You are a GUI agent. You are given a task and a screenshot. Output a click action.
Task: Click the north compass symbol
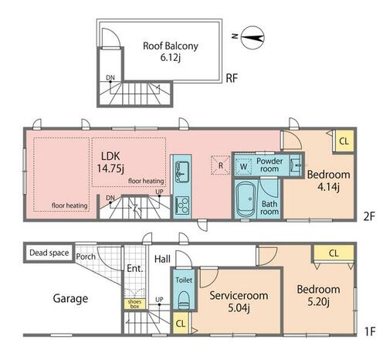coord(252,38)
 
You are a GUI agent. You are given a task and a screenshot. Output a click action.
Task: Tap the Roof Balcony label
coord(171,46)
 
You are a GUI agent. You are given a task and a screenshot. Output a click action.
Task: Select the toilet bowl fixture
coord(184,300)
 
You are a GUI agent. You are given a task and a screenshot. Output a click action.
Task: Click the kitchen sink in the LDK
coord(182,171)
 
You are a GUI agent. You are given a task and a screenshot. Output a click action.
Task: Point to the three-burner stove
coord(182,205)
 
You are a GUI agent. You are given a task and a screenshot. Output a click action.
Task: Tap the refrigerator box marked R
coord(221,165)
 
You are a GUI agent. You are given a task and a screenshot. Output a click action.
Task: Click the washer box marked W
coord(243,166)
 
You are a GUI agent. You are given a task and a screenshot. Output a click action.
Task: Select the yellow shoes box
coord(134,304)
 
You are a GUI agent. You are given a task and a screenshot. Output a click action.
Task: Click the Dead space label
coord(49,253)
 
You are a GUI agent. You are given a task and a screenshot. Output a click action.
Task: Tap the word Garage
coord(70,299)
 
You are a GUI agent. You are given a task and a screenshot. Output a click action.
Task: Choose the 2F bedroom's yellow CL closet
coord(344,141)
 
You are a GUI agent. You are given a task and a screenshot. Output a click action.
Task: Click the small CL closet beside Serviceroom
coord(181,323)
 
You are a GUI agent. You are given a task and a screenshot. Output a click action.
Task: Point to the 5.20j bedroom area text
coord(318,301)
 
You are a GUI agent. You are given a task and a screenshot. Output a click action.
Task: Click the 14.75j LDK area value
coord(110,168)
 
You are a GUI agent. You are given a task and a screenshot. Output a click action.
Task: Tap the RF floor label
coord(232,78)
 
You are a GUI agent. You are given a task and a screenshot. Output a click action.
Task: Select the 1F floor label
coord(370,331)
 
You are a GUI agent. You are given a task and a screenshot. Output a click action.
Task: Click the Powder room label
coord(269,165)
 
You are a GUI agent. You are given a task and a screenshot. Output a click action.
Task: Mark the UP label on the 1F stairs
coord(159,300)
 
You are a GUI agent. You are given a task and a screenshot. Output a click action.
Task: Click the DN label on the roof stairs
coord(110,77)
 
